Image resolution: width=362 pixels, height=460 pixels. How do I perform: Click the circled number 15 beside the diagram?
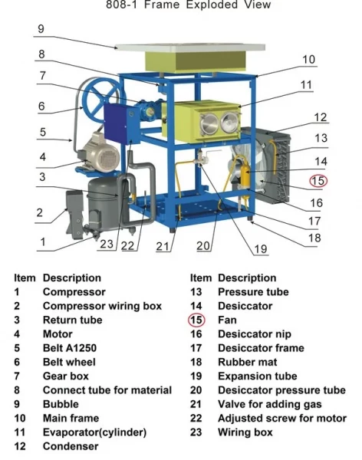point(318,181)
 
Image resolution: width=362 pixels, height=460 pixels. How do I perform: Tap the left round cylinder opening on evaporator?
point(209,123)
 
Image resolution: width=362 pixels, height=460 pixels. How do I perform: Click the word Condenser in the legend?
point(71,446)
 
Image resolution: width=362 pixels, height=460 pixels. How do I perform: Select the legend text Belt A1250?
point(70,348)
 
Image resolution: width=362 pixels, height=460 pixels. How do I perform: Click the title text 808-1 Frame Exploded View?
point(188,5)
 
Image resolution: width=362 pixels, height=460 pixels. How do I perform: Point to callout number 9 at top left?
point(41,29)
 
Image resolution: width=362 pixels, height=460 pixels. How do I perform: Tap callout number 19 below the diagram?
point(261,249)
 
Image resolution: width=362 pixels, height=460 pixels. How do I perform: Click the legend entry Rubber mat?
point(247,362)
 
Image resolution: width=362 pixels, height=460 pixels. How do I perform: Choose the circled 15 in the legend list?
point(196,320)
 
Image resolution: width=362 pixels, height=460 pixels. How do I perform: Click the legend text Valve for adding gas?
point(269,404)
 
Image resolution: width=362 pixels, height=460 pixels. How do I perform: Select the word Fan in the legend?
point(227,320)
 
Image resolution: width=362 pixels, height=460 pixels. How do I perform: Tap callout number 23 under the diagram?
point(107,244)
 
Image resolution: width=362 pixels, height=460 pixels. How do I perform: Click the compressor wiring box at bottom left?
point(74,214)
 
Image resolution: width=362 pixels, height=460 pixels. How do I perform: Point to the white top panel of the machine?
point(190,47)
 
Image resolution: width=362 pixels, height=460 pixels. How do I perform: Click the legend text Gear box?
point(66,376)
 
